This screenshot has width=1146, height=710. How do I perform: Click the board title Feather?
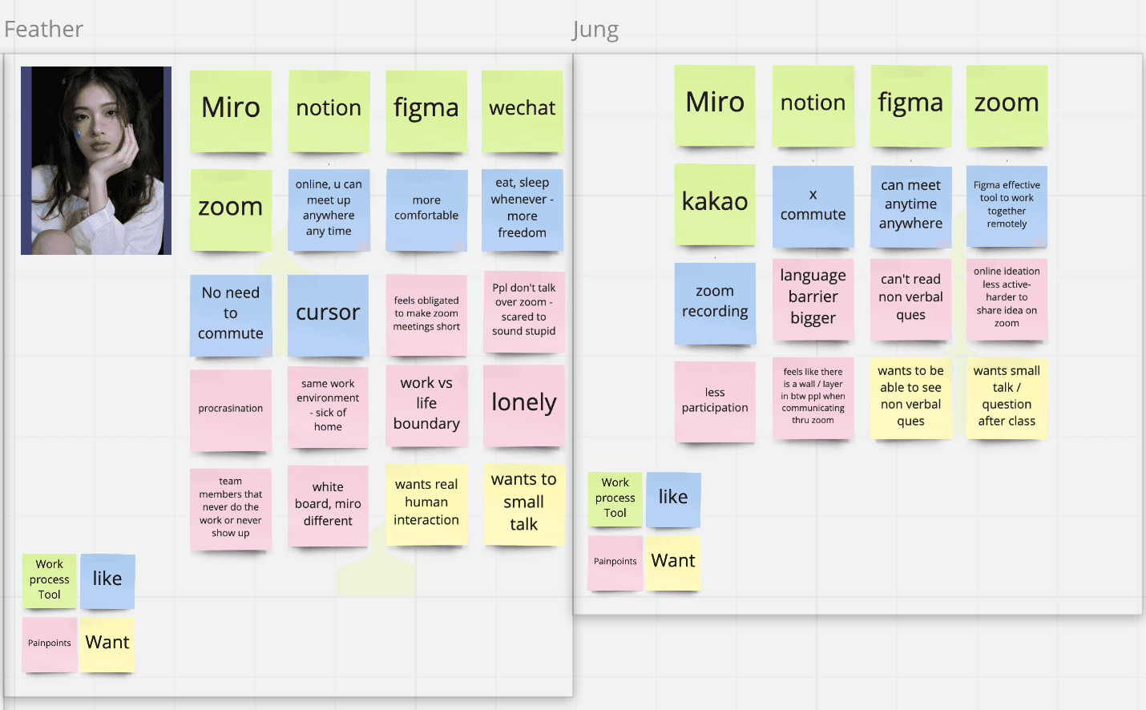(44, 30)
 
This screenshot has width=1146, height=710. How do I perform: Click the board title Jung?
(595, 30)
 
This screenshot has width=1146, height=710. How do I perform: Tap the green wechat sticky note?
(523, 110)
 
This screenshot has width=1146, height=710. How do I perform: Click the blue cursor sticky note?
(328, 314)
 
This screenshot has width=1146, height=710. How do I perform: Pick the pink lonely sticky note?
(524, 404)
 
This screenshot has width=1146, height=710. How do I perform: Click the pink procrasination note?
(231, 409)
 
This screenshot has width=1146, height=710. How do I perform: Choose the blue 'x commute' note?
(813, 206)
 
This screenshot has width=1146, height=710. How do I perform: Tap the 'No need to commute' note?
(231, 314)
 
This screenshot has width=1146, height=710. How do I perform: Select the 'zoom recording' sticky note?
(715, 302)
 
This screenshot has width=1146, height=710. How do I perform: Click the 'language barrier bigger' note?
(813, 298)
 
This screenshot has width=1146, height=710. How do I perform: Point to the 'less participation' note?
(715, 401)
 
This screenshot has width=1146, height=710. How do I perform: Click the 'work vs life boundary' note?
(426, 405)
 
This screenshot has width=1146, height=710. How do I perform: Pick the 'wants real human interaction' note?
(426, 503)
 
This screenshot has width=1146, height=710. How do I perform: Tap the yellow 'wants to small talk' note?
(524, 503)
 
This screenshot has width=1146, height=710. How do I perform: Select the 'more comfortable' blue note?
(426, 209)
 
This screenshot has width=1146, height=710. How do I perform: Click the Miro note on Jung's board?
(715, 104)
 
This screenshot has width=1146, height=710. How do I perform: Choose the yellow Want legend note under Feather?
(107, 643)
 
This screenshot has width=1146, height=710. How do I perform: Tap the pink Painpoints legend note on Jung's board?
(615, 563)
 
